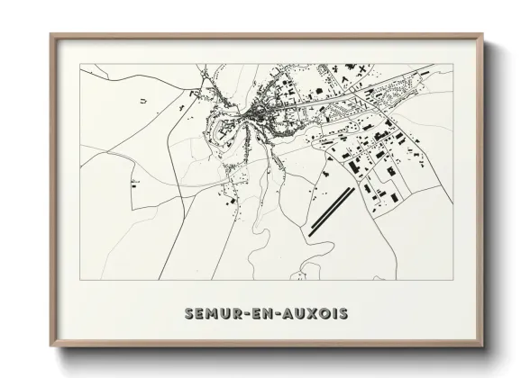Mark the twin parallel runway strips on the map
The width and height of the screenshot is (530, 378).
tap(330, 211)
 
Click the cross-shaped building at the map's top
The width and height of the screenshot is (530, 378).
tap(360, 71)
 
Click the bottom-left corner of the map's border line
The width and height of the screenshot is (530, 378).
tap(79, 280)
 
